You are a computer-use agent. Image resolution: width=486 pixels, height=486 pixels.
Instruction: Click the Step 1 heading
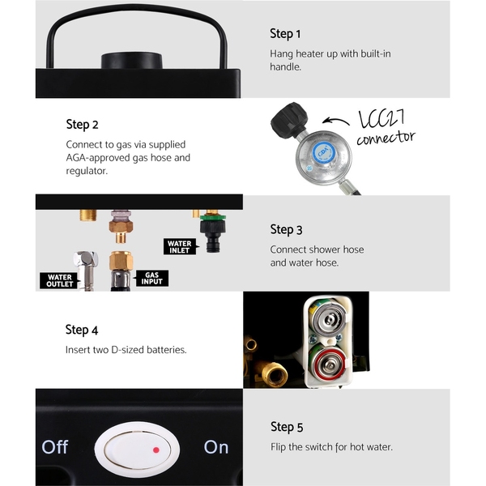(285, 34)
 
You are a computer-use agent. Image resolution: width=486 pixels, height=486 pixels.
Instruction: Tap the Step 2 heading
(82, 125)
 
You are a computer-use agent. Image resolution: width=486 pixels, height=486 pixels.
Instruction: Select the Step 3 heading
(286, 230)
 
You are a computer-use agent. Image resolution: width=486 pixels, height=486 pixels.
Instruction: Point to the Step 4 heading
(82, 330)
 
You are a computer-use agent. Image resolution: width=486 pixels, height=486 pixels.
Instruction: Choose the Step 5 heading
(287, 427)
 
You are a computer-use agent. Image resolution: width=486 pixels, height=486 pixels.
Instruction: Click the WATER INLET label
(180, 247)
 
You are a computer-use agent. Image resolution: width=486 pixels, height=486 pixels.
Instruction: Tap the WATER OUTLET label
(59, 280)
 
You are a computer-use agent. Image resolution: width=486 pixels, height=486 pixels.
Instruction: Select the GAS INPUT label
(152, 279)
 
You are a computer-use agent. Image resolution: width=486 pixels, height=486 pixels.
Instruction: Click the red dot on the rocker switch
(156, 450)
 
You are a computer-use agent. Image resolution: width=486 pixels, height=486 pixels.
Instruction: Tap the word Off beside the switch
(55, 447)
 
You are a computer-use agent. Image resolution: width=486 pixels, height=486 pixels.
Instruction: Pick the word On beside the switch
(216, 447)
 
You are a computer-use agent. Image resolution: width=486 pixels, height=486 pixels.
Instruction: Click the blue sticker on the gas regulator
(323, 153)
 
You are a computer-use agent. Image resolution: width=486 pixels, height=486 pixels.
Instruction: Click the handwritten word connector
(386, 138)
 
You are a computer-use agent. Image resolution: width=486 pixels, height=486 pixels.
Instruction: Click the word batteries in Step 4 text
(166, 350)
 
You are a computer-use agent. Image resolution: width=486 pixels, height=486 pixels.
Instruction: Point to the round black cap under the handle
(132, 61)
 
